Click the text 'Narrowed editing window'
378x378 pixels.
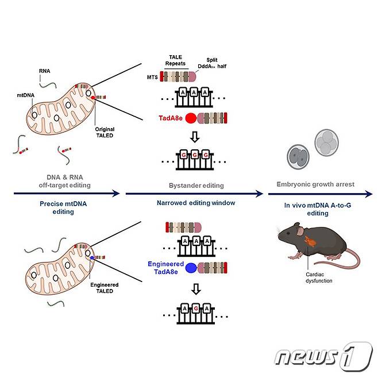pyautogui.click(x=197, y=203)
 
